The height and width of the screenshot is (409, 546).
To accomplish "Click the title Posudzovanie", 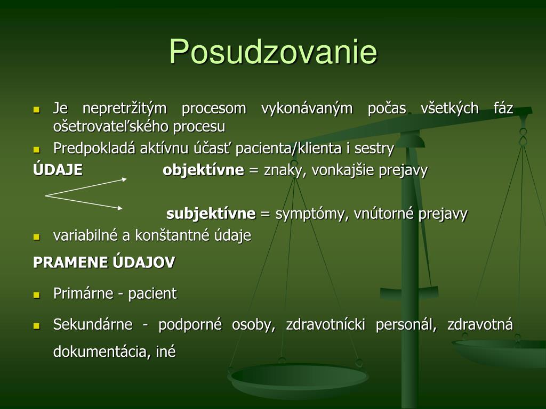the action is [274, 52].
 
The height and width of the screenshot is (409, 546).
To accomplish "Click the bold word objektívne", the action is [203, 170].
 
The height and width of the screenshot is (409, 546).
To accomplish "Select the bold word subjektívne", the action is [211, 213].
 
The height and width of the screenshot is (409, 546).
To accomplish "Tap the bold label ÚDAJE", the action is [58, 169].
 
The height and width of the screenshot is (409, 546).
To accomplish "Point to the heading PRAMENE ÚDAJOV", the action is [104, 263].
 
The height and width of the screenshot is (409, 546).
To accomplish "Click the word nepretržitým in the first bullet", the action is [125, 109].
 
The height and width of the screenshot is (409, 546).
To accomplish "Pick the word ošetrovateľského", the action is [111, 127].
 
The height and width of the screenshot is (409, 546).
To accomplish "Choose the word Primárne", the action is [83, 293].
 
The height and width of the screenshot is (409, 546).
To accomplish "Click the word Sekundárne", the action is [93, 324].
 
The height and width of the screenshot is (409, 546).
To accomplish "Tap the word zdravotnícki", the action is [326, 324].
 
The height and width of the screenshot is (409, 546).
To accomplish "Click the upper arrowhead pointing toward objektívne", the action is [124, 179].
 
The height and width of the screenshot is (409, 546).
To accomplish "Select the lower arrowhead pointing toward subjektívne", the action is [120, 208].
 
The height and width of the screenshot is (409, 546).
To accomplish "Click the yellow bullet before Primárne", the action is [37, 295].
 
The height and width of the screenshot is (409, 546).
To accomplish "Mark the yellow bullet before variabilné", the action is [37, 237].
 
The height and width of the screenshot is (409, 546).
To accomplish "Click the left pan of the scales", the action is [298, 379].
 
